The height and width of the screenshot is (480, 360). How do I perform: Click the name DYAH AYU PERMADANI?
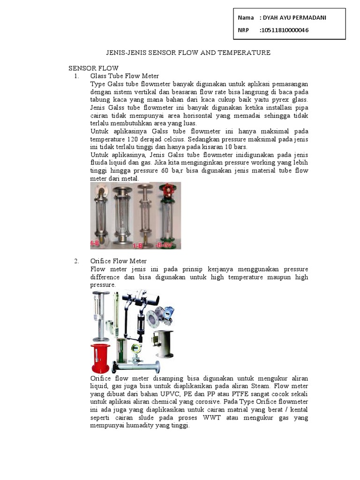coord(295,18)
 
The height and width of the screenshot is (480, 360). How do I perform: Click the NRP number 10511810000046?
coord(285,30)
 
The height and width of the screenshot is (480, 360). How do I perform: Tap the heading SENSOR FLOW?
coord(94,68)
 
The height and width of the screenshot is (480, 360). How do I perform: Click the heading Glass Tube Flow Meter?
coord(125,76)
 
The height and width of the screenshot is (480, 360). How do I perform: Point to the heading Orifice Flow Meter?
coord(119,261)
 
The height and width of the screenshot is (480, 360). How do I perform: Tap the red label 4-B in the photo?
coord(95,244)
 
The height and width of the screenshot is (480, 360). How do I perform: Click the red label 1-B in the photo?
coord(138,244)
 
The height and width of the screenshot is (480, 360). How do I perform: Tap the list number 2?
coord(77,261)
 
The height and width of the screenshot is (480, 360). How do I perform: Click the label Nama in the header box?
coord(246,18)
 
